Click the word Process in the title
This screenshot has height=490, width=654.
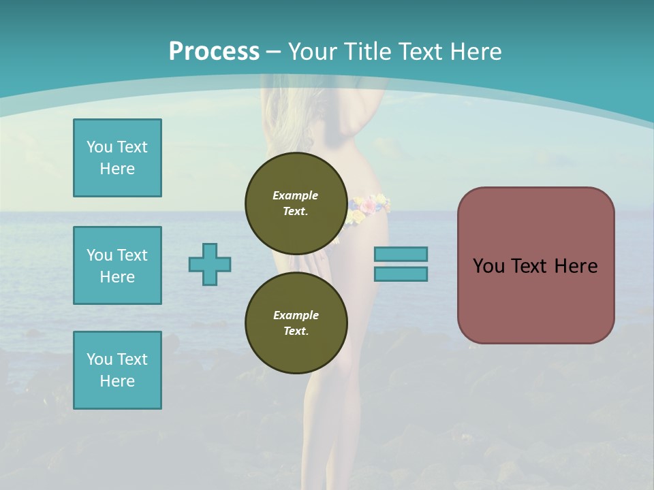pyautogui.click(x=214, y=52)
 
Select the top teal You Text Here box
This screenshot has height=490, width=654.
pyautogui.click(x=117, y=158)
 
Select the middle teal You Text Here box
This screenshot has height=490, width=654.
pyautogui.click(x=117, y=265)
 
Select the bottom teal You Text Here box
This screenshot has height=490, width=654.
pyautogui.click(x=117, y=370)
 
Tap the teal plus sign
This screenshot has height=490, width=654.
pyautogui.click(x=210, y=264)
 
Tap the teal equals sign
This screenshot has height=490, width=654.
pyautogui.click(x=401, y=264)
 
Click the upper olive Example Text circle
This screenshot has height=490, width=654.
pyautogui.click(x=296, y=203)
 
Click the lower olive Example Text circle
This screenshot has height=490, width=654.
pyautogui.click(x=296, y=323)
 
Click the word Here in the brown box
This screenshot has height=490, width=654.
pyautogui.click(x=576, y=266)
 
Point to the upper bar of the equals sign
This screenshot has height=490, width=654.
pyautogui.click(x=401, y=254)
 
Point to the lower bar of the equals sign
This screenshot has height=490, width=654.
pyautogui.click(x=401, y=274)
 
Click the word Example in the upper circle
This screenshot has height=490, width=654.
pyautogui.click(x=296, y=195)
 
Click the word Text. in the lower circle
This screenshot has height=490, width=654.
pyautogui.click(x=296, y=331)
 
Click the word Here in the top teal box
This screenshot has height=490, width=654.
pyautogui.click(x=117, y=169)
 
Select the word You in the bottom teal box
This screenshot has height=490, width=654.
pyautogui.click(x=99, y=359)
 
